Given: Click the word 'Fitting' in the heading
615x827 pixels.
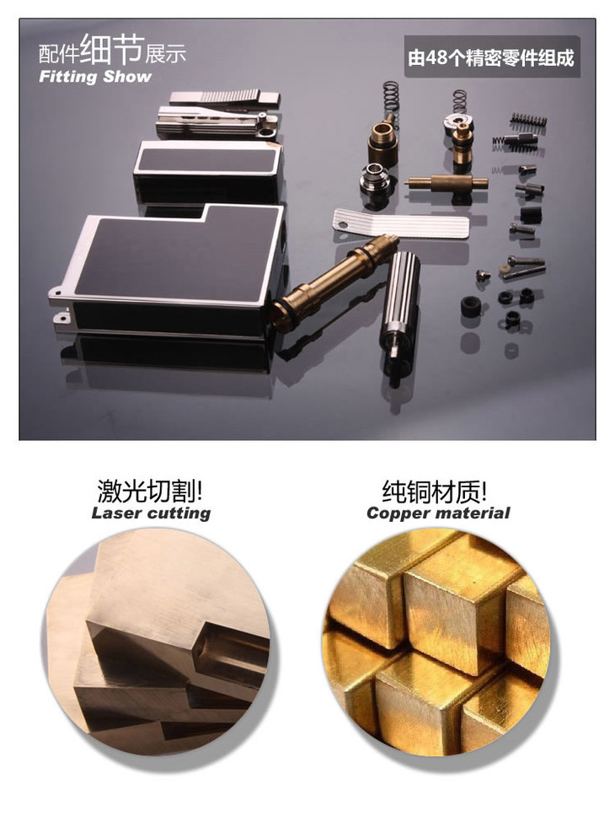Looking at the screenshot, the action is [x=67, y=77].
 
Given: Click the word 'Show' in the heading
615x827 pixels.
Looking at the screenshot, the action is [x=127, y=77].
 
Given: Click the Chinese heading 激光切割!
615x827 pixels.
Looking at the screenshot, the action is [x=151, y=491].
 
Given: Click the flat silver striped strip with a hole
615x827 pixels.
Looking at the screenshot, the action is [x=400, y=223].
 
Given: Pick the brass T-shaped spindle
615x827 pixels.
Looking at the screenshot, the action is [x=447, y=184].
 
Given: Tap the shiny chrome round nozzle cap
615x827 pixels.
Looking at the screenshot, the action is [x=375, y=180].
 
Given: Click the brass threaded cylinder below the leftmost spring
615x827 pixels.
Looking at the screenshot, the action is [x=382, y=142].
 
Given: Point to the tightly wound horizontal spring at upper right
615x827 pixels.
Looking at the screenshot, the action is [x=528, y=121].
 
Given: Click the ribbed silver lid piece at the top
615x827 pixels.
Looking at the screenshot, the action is [x=224, y=97].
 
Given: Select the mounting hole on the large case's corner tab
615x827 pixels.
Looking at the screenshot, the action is [x=57, y=291].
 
